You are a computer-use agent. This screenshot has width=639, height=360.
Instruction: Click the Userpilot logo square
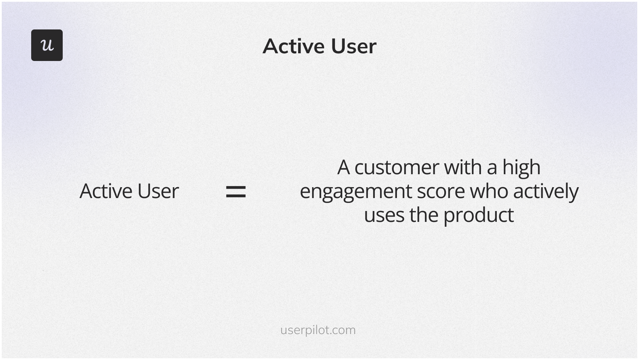pos(47,45)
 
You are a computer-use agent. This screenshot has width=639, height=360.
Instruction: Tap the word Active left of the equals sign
pos(105,191)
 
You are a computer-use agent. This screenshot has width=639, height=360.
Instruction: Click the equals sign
pos(236,192)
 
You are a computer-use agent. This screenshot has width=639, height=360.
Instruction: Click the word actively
pos(546,192)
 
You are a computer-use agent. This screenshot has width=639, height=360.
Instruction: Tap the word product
pos(479,216)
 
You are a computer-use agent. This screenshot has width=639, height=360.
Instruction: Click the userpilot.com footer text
pos(318,330)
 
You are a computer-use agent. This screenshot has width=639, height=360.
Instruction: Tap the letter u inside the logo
pos(47,45)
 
